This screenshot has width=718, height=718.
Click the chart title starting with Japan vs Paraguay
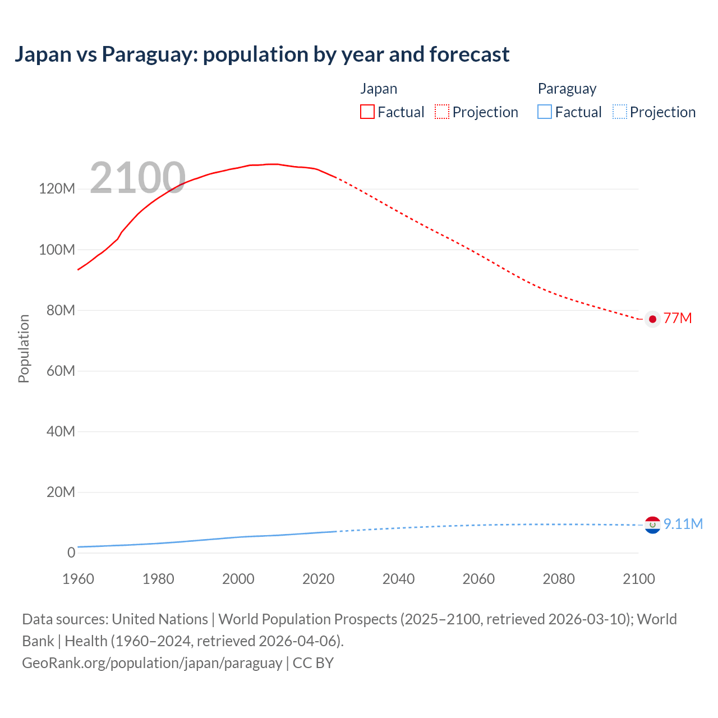pos(262,54)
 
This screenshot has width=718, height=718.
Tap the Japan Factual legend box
pos(367,112)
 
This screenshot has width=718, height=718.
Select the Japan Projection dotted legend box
pos(442,112)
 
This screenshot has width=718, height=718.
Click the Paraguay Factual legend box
pos(545,112)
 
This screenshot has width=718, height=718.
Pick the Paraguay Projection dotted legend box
pos(620,112)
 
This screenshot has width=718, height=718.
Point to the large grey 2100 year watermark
pos(137,178)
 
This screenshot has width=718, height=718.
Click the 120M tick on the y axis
pos(57,188)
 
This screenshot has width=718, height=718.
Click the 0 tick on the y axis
pos(71,553)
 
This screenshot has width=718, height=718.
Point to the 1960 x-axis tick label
pos(78,579)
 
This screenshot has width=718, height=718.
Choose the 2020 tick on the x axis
pos(318,579)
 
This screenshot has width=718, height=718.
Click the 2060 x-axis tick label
pos(478,579)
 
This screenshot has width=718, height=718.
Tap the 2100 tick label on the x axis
pos(638,579)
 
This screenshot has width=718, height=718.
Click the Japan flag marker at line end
pos(652,319)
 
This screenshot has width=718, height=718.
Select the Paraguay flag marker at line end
pos(652,525)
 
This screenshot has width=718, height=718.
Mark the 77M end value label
pos(678,319)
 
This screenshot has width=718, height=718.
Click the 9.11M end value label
pos(683,524)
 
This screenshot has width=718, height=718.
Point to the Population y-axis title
pos(24,348)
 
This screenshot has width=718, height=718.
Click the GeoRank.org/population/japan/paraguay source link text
pos(152,663)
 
